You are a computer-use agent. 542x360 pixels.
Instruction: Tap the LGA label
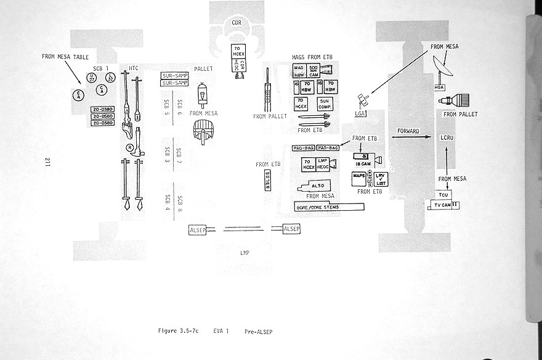360,113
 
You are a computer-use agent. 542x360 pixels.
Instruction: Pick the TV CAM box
442,205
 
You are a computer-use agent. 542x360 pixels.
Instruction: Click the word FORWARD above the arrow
408,131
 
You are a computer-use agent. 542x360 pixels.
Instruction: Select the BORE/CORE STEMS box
330,207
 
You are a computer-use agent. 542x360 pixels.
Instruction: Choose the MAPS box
359,176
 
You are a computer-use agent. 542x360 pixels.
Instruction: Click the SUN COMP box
326,104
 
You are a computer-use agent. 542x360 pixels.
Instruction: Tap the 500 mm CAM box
313,71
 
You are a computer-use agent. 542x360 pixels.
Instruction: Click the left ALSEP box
199,231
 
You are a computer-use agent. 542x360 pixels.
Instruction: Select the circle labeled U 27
91,78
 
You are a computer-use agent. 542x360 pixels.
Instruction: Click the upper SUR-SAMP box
174,76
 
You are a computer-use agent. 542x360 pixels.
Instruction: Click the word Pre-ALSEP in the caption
258,332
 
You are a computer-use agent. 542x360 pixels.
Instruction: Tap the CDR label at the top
237,23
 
